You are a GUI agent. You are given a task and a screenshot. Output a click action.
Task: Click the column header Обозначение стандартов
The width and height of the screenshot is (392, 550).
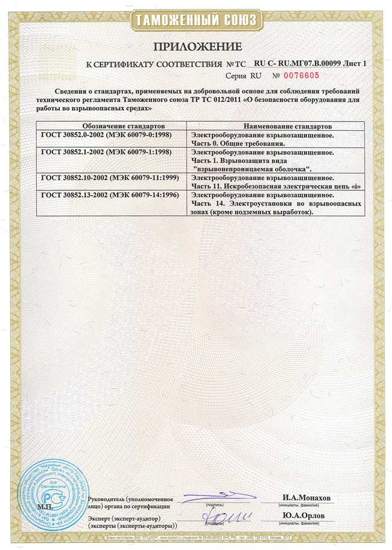110,127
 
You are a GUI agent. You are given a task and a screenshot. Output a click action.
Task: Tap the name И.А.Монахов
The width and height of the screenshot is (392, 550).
307,498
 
